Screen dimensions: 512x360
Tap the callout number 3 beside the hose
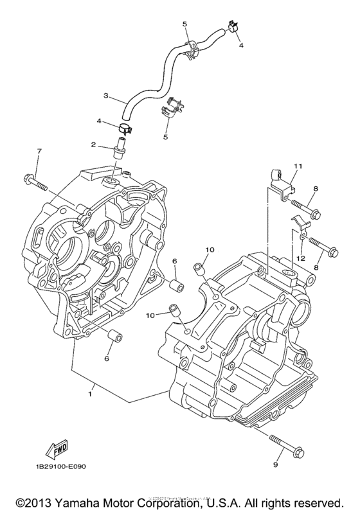point(106,96)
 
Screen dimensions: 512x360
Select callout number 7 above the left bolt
point(39,151)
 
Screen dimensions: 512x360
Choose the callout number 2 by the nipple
point(94,145)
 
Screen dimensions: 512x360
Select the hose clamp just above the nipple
point(125,127)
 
